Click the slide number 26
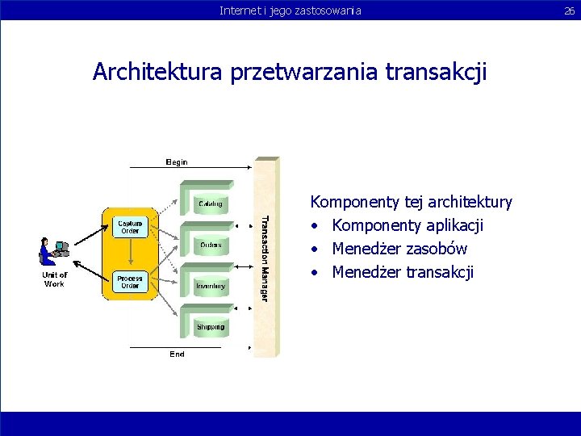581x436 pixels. (x=570, y=10)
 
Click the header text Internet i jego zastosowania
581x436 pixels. (x=290, y=10)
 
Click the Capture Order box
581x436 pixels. (x=130, y=227)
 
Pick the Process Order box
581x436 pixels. (x=130, y=282)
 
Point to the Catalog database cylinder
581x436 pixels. (x=211, y=202)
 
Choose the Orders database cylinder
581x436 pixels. (x=211, y=244)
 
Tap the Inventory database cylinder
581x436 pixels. (x=211, y=286)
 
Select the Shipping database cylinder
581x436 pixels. (x=211, y=326)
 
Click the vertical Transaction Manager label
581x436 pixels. (x=265, y=258)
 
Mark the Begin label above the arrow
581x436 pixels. (x=177, y=162)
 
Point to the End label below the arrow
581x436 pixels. (x=177, y=354)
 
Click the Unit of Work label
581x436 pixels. (x=54, y=279)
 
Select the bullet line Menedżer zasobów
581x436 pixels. (x=399, y=249)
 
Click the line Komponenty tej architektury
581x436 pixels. (x=411, y=202)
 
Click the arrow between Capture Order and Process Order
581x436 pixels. (x=130, y=254)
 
